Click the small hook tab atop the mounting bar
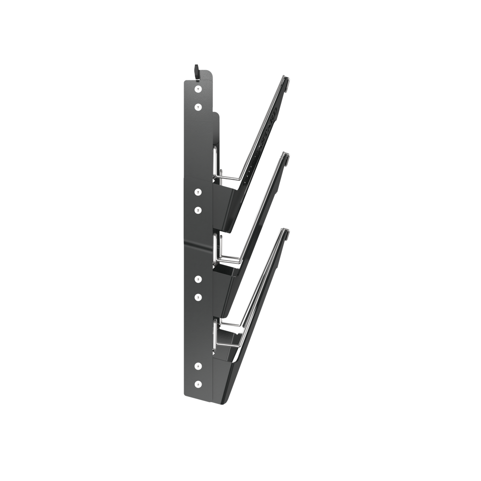point(197,71)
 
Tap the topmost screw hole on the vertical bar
point(198,88)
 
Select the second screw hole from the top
point(198,107)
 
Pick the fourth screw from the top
point(198,209)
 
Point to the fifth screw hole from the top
point(198,279)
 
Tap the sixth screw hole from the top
point(198,297)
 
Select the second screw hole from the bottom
point(198,365)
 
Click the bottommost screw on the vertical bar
point(198,384)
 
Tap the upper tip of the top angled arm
point(286,78)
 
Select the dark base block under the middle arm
point(225,287)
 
